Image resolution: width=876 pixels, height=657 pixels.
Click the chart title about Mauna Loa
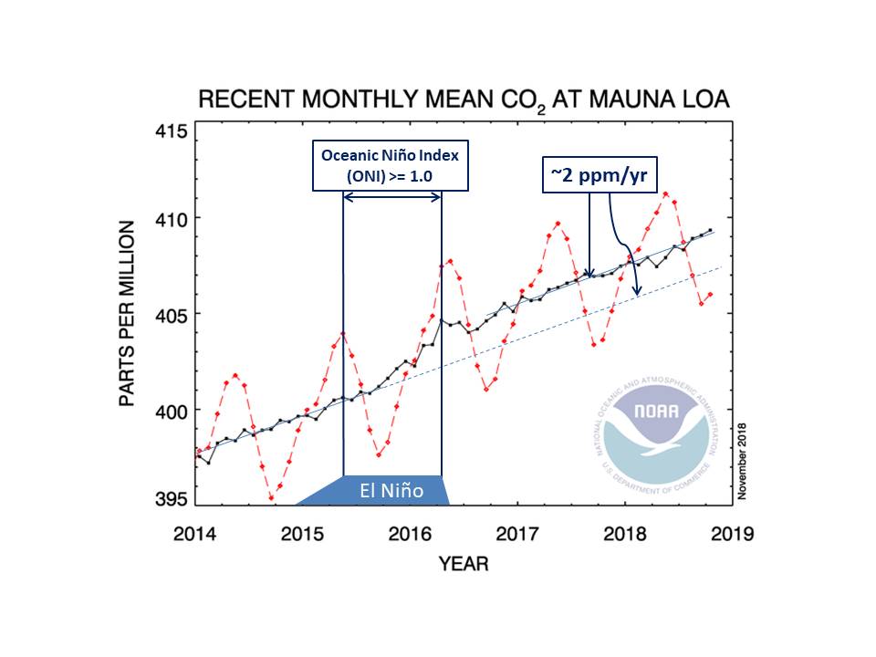(464, 99)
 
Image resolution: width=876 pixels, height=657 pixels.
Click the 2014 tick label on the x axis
(196, 534)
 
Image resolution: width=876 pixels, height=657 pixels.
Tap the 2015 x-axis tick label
(303, 534)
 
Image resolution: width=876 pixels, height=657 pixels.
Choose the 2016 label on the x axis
(411, 534)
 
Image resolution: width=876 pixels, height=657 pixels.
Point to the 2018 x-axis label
(625, 534)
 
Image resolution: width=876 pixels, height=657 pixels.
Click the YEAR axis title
(464, 564)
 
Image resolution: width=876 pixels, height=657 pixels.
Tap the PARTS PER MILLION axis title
(128, 314)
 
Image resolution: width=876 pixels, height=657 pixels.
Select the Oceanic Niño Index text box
(390, 165)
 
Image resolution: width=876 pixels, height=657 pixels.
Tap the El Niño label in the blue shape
(391, 490)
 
